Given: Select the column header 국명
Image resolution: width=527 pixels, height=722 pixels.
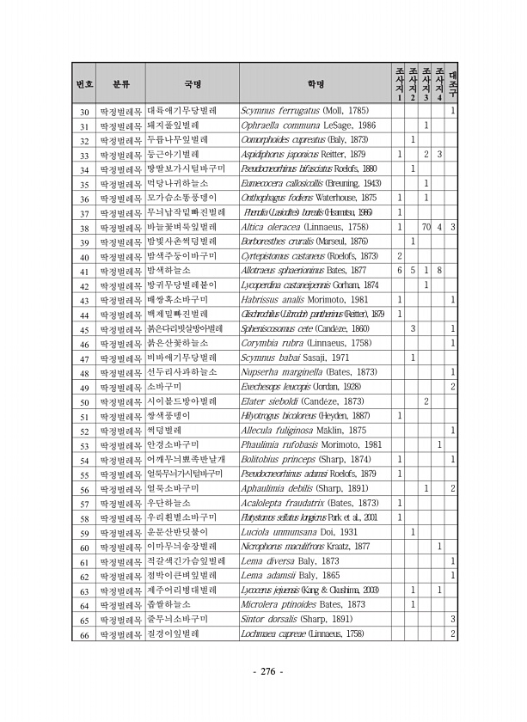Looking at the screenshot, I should coord(192,84).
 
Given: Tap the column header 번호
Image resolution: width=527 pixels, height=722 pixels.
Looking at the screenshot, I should coord(84,84).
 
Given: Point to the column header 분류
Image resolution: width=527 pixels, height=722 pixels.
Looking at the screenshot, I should coord(121,84).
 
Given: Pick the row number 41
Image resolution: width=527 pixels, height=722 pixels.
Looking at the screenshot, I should coord(85,271).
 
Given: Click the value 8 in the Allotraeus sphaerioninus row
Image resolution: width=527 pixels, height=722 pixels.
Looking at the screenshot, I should coord(439,271).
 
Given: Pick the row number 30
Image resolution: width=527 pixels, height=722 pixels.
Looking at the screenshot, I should coord(85,111).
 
